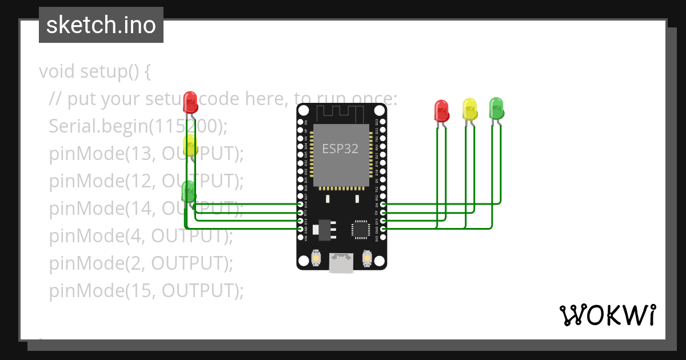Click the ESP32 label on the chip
tap(341, 149)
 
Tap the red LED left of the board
tap(190, 103)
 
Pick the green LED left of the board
tap(188, 191)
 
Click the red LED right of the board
tap(441, 111)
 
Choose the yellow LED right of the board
tap(469, 109)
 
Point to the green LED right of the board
tap(496, 108)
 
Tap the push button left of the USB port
tap(316, 259)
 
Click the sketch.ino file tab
tap(101, 25)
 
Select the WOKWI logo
tap(607, 315)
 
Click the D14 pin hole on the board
tap(301, 204)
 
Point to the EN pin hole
tap(301, 122)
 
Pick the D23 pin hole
tap(382, 122)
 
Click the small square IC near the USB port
tap(361, 229)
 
